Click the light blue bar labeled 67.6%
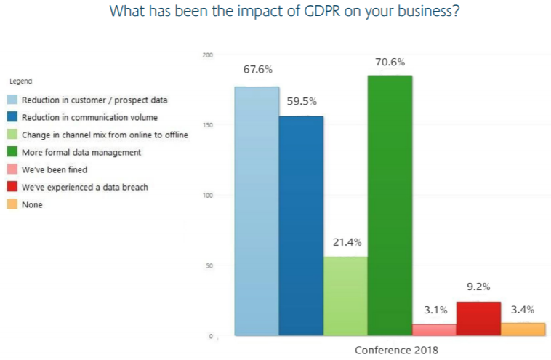click(x=257, y=211)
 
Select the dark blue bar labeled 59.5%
click(x=301, y=225)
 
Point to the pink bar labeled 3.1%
click(x=434, y=329)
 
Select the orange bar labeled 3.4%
click(x=523, y=329)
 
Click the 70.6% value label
click(x=390, y=62)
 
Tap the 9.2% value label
click(x=478, y=287)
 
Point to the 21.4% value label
click(x=345, y=242)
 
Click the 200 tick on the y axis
click(x=207, y=55)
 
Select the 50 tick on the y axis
click(x=209, y=266)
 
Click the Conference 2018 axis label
click(x=396, y=350)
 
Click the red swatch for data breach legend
click(x=13, y=187)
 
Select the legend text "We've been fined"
click(x=55, y=169)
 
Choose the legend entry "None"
click(x=32, y=204)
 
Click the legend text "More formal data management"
click(x=81, y=152)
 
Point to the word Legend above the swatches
click(x=20, y=81)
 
